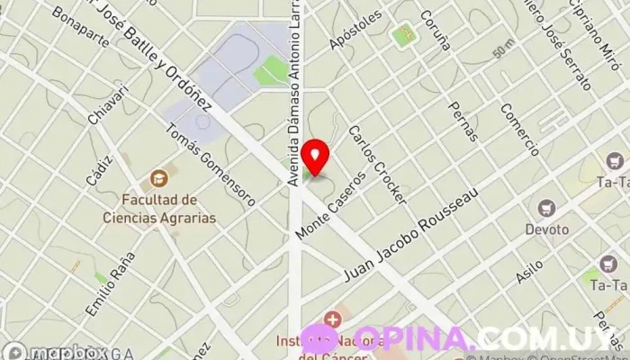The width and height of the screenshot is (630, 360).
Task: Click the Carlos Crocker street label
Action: click(371, 161)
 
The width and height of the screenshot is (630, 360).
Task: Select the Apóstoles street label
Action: click(350, 31)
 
